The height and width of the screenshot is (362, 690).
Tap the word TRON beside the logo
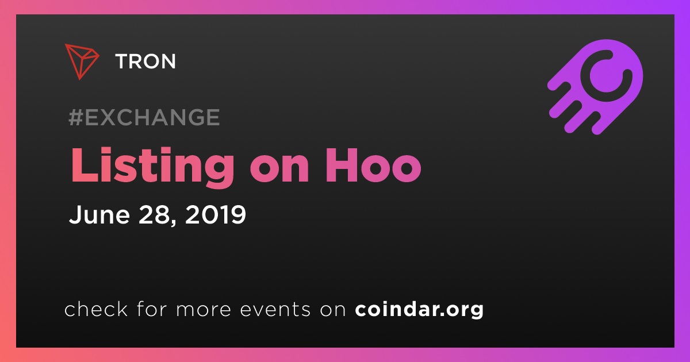145,61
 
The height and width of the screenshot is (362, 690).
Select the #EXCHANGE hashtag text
144,117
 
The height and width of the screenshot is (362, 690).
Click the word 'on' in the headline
279,170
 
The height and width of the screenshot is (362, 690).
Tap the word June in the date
99,214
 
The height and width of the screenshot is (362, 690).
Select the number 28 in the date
154,214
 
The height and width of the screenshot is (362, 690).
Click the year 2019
216,214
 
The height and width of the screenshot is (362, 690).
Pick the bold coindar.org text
419,310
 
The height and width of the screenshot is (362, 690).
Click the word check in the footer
96,309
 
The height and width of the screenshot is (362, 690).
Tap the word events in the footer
275,309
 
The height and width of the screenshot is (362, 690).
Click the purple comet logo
595,87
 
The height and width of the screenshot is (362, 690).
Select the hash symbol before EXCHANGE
76,117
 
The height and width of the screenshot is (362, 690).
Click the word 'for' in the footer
152,309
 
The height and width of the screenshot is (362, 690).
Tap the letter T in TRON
122,61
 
